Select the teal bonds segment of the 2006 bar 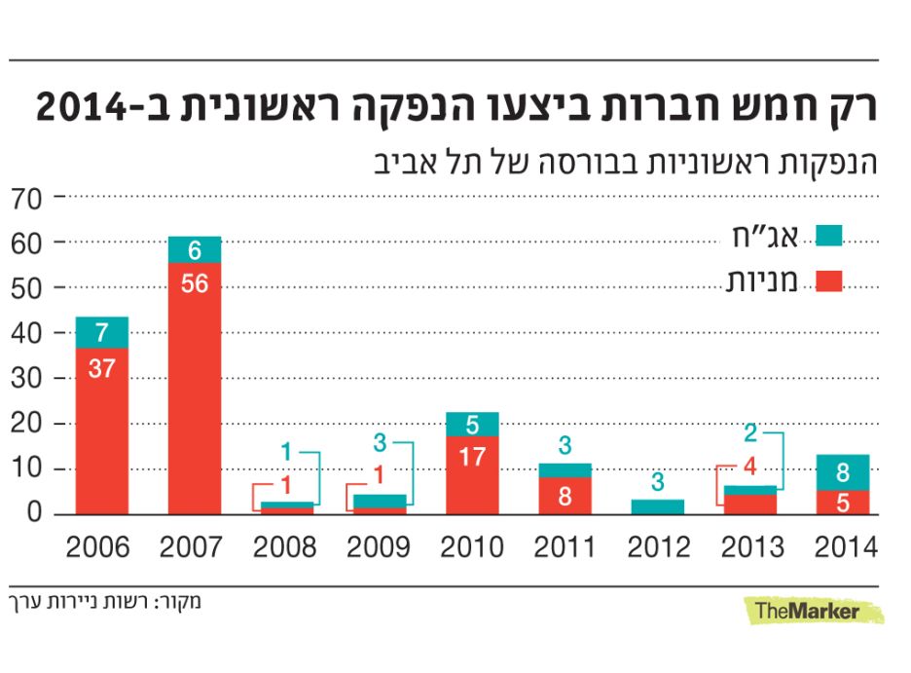point(100,332)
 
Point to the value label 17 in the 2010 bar point(472,456)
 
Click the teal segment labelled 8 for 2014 point(844,472)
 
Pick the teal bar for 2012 point(658,506)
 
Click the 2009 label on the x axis point(379,547)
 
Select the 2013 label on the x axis point(751,547)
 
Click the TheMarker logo point(808,612)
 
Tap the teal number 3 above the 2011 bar point(565,445)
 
